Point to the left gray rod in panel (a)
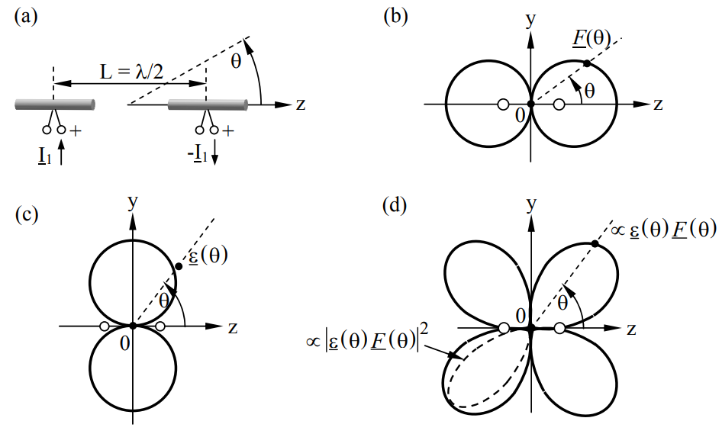point(53,104)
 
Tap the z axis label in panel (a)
point(301,104)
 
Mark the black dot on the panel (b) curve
point(585,63)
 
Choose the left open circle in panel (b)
point(502,104)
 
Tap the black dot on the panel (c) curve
point(179,265)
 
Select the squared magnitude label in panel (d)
point(373,339)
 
